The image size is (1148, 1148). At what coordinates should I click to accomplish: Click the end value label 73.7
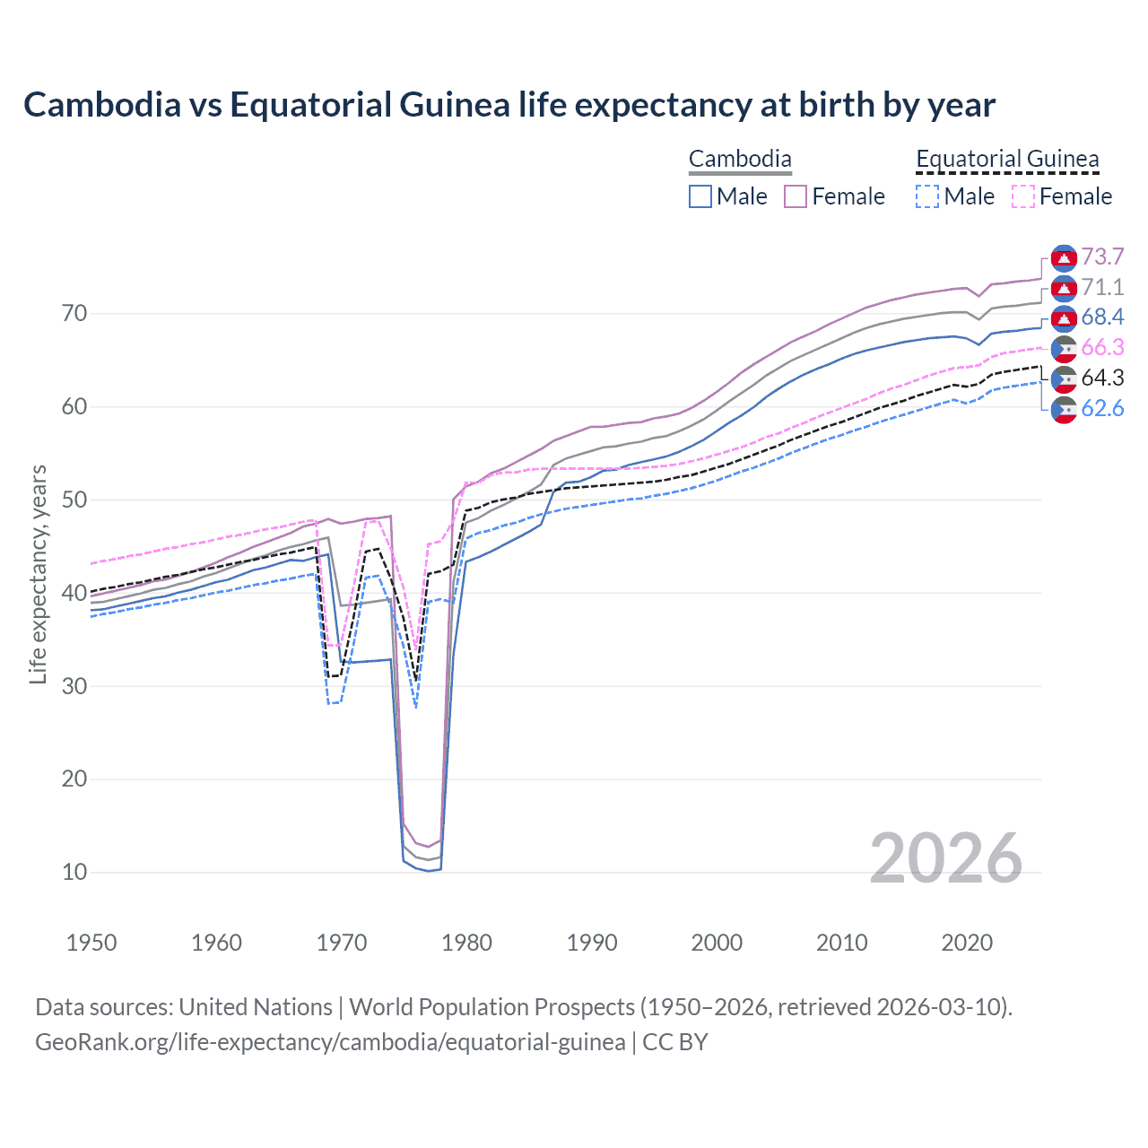[1102, 257]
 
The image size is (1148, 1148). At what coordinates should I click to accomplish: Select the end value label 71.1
[1102, 288]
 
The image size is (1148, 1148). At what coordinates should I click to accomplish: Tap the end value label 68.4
[1102, 317]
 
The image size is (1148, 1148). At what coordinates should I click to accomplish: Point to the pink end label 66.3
[1102, 348]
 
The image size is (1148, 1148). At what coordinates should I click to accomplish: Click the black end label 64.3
[1102, 378]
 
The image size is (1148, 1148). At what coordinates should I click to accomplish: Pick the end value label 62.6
[1102, 409]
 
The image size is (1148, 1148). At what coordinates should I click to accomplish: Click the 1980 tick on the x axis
[466, 943]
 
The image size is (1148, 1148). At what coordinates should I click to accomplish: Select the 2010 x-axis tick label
[841, 943]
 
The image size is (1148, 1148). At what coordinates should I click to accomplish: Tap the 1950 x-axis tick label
[91, 943]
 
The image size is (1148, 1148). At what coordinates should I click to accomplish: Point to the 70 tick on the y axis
[74, 314]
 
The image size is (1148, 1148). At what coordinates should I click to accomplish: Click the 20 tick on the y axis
[74, 779]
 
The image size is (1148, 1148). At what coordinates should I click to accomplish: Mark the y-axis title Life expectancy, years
[38, 574]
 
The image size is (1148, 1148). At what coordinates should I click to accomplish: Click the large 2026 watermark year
[945, 858]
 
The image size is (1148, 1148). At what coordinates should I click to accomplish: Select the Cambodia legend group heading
[740, 160]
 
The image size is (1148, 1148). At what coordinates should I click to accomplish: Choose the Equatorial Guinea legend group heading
[1006, 160]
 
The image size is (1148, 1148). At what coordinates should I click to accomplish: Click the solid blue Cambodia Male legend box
[700, 196]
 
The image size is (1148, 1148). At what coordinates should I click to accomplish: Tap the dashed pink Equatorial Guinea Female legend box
[1023, 196]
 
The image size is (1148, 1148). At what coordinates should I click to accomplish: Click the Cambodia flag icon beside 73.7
[1064, 258]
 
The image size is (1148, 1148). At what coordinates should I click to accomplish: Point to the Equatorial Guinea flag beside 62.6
[1064, 409]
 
